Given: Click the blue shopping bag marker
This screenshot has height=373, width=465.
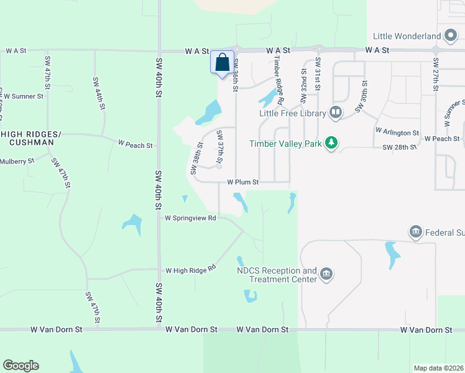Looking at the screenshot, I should (223, 63).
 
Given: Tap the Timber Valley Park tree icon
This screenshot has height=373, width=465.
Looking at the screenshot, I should (333, 143).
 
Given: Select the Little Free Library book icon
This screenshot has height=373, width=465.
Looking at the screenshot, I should (336, 113).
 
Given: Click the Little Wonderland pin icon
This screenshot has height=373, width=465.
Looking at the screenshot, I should (453, 36).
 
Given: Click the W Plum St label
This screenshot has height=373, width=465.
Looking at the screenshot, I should (242, 182).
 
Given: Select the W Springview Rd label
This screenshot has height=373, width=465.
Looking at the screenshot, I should (190, 218).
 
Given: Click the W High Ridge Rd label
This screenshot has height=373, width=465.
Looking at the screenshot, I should (190, 270).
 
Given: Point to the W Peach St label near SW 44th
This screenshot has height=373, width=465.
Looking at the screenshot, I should (136, 145).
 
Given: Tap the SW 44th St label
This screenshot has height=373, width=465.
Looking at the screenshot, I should (98, 93).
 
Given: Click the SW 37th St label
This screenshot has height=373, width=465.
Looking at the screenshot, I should (219, 149).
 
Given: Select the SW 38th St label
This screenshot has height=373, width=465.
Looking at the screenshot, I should (196, 159).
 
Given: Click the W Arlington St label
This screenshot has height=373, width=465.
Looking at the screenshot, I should (397, 132).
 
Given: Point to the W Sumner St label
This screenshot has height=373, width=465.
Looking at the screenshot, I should (23, 96).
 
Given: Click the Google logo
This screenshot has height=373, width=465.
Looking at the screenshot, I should (21, 366).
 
